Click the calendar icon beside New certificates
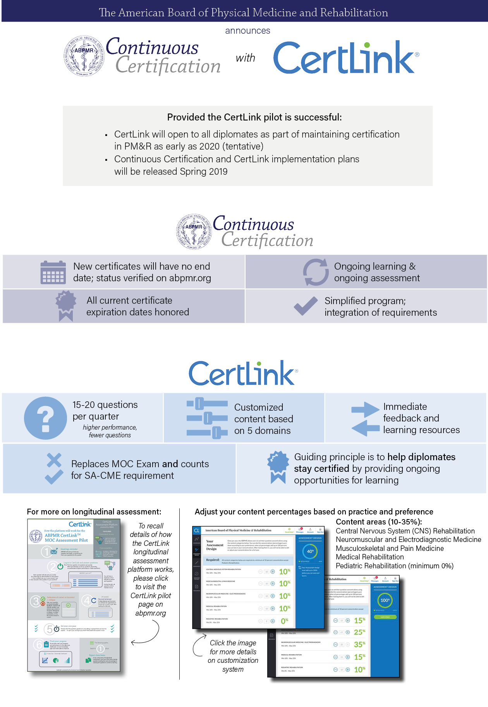[x=53, y=272]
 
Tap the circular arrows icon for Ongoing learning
[x=316, y=272]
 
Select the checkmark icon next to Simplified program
[x=306, y=306]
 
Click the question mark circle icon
[x=45, y=418]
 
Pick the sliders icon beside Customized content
[x=207, y=418]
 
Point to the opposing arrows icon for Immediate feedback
[x=365, y=419]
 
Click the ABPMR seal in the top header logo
[x=84, y=56]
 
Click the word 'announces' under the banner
[x=247, y=31]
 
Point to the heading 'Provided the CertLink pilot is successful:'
[x=254, y=117]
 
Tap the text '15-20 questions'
[x=105, y=405]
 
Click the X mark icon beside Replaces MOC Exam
[x=54, y=460]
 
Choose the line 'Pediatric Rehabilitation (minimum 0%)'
[x=394, y=566]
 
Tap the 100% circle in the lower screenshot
[x=385, y=600]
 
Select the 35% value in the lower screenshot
[x=359, y=645]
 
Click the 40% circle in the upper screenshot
[x=310, y=551]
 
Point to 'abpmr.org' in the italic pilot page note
[x=151, y=613]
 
